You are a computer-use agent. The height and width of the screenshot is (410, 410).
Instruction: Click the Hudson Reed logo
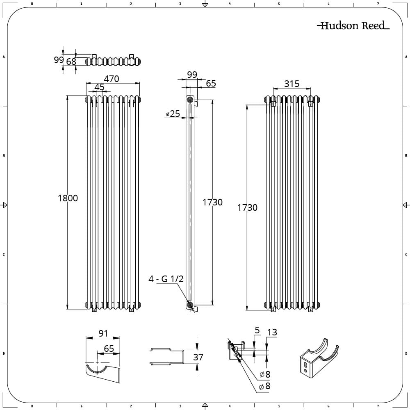pos(353,25)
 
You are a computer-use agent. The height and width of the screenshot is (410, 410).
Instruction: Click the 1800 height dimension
pos(68,198)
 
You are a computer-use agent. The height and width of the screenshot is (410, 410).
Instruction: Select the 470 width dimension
pos(112,79)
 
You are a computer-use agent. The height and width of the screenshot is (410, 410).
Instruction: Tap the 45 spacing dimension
pos(99,87)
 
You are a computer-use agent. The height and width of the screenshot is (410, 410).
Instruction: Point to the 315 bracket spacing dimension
pos(292,84)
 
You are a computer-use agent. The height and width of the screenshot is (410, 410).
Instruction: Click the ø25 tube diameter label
pos(173,114)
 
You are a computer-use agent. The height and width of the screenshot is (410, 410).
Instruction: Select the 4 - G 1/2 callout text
pos(166,279)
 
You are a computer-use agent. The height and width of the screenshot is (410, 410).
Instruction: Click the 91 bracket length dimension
pos(103,333)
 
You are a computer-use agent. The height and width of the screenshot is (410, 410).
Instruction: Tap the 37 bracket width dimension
pos(198,357)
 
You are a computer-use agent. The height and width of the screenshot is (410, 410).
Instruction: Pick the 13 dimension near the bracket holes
pos(272,332)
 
